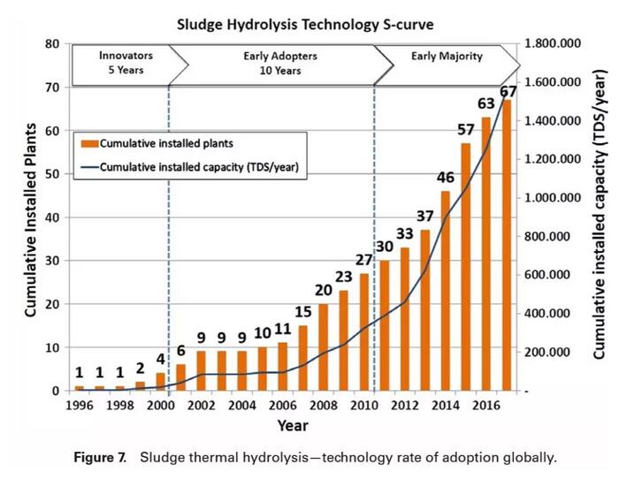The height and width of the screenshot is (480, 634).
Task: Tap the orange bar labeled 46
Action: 447,291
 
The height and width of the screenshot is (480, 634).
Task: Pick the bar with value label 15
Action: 302,358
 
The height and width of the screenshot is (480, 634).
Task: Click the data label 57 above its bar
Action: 466,132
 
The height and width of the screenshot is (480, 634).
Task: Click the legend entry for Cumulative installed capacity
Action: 202,165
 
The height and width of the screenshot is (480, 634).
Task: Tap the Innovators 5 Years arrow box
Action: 126,63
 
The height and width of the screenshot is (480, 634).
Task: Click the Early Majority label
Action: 447,57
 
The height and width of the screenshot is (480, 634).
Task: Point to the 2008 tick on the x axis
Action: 322,406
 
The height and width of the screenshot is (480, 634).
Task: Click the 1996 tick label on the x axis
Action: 79,406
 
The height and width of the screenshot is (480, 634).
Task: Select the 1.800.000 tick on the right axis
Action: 555,43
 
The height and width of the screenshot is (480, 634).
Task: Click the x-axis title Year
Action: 292,426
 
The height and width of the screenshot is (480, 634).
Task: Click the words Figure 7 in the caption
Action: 98,458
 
